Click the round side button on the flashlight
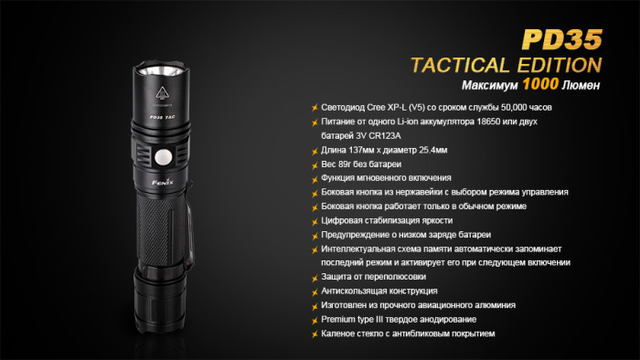tap(164, 156)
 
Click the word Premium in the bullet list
tap(340, 319)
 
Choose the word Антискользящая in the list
tap(357, 291)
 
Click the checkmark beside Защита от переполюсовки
tap(314, 277)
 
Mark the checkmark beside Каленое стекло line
tap(314, 334)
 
